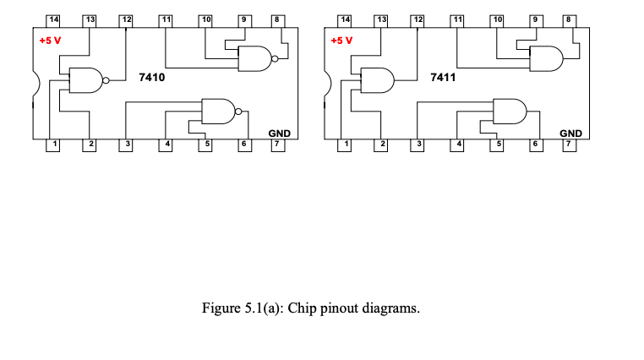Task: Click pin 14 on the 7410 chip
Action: (x=52, y=19)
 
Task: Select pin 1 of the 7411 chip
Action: (x=345, y=145)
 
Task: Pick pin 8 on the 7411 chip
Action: (x=568, y=19)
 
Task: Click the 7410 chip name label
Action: (x=151, y=78)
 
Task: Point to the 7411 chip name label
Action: (x=443, y=78)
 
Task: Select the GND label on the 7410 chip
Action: (x=279, y=134)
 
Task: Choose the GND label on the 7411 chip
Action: (x=570, y=134)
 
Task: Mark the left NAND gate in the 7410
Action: (x=85, y=80)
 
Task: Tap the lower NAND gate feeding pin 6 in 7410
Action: (x=218, y=110)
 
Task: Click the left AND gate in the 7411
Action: (x=377, y=80)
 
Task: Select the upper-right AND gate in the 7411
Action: (x=546, y=59)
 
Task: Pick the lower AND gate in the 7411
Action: (x=509, y=110)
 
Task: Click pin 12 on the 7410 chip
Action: (x=127, y=19)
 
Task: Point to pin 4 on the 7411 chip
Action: (x=459, y=145)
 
